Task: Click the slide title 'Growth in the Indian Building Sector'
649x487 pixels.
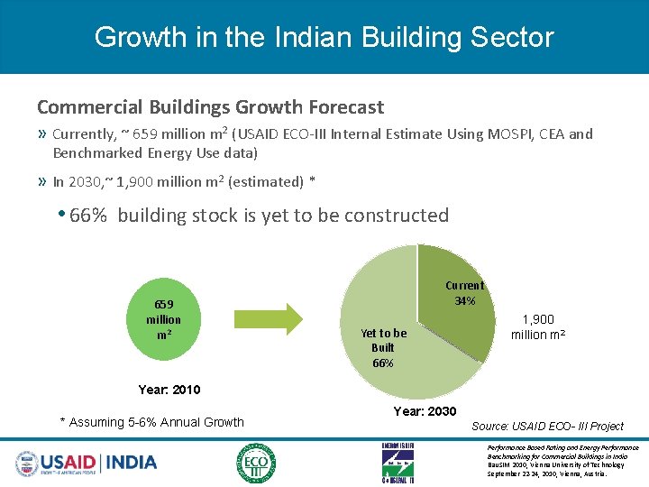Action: click(x=324, y=37)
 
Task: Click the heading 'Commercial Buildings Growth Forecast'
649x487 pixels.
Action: click(x=210, y=106)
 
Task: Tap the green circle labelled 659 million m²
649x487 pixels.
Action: click(x=163, y=319)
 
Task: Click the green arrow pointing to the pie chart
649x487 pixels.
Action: click(x=270, y=319)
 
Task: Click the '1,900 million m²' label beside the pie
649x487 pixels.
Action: click(x=538, y=326)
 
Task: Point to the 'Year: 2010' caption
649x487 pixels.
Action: click(x=169, y=390)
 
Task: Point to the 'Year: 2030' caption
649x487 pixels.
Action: click(x=425, y=411)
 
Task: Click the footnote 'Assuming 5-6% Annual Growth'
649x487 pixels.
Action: click(x=151, y=422)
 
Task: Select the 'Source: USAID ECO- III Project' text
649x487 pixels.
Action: click(x=548, y=426)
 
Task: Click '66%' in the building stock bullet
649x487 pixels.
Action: click(x=88, y=215)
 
